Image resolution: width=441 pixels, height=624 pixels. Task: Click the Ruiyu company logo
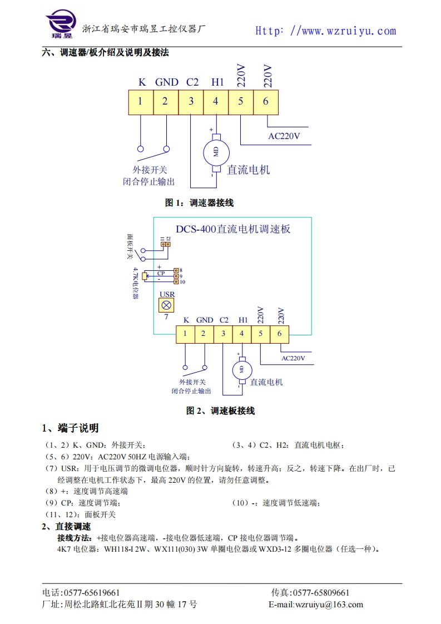coord(61,25)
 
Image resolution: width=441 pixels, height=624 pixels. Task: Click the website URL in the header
coord(325,31)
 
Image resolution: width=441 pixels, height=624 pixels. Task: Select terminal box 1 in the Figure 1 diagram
coord(140,101)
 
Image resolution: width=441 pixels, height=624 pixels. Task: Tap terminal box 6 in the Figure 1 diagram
coord(266,101)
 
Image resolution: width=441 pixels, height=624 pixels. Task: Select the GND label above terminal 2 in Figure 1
coord(166,82)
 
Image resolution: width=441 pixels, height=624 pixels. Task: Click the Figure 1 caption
coord(199,203)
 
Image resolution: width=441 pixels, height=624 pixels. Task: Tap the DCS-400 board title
coord(233,229)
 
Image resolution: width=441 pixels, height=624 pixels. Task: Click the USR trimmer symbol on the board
coord(166,305)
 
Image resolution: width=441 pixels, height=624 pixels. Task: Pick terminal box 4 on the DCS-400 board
coord(241,333)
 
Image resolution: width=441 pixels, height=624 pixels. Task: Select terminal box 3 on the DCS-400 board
coord(223,333)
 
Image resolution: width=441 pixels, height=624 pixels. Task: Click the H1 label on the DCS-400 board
coord(243,320)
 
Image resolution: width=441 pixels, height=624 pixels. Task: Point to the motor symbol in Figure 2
coord(241,369)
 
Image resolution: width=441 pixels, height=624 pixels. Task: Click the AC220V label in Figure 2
coord(293,358)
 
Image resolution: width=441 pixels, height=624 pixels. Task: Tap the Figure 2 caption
coord(221,411)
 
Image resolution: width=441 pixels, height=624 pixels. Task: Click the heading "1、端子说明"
coord(71,428)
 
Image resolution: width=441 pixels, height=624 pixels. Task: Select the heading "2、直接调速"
coord(66,527)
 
